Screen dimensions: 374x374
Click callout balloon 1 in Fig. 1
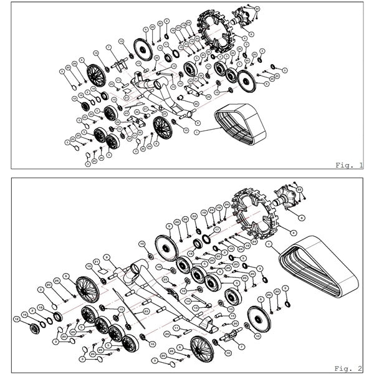[x=198, y=133]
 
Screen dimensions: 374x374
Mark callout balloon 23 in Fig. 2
[x=298, y=189]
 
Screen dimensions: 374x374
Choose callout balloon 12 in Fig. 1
[x=74, y=98]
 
